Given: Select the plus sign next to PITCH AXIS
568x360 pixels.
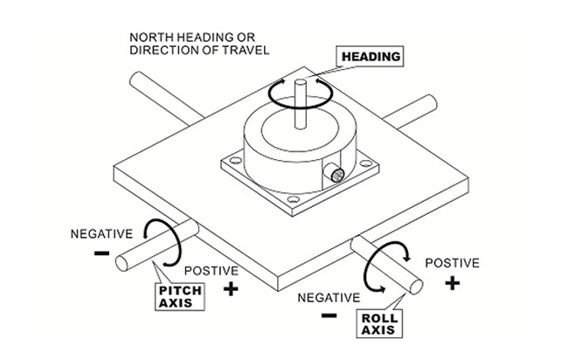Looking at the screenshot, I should tap(231, 288).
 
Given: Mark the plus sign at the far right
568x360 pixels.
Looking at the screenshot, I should tap(452, 283).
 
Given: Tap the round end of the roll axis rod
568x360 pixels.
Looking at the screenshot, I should tap(416, 287).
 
